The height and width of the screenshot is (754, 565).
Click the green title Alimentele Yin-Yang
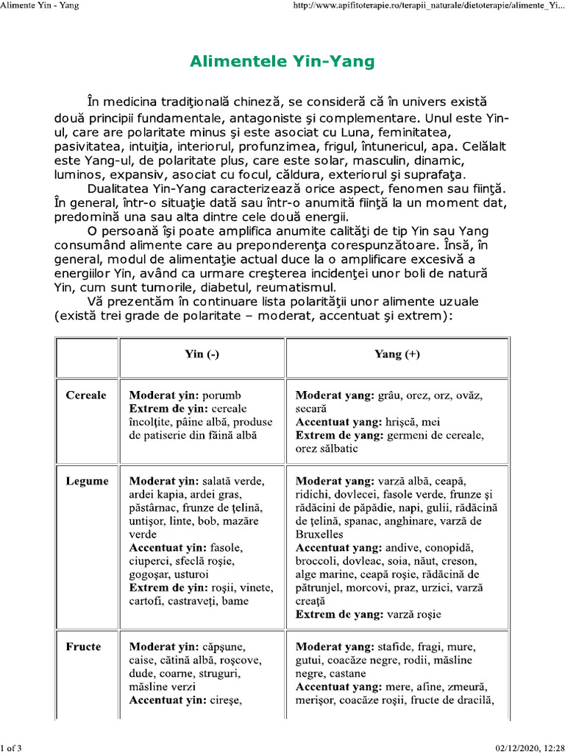pos(282,61)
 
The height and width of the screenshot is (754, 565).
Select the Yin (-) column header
pos(202,354)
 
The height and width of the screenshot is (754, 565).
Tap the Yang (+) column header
pos(397,354)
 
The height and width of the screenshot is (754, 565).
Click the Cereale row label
pos(86,395)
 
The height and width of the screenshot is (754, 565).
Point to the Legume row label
pos(87,481)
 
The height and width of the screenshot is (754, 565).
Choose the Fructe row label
pos(83,646)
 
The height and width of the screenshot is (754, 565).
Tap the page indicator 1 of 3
pos(13,748)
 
